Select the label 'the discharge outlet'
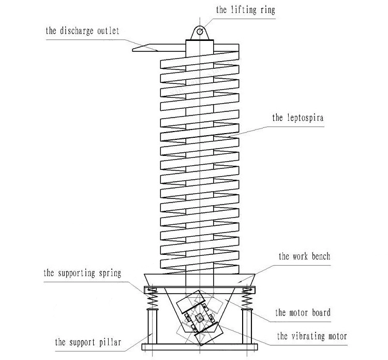[82, 31]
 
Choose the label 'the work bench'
[304, 256]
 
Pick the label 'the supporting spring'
[83, 272]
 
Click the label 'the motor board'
[303, 312]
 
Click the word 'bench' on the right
[319, 256]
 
